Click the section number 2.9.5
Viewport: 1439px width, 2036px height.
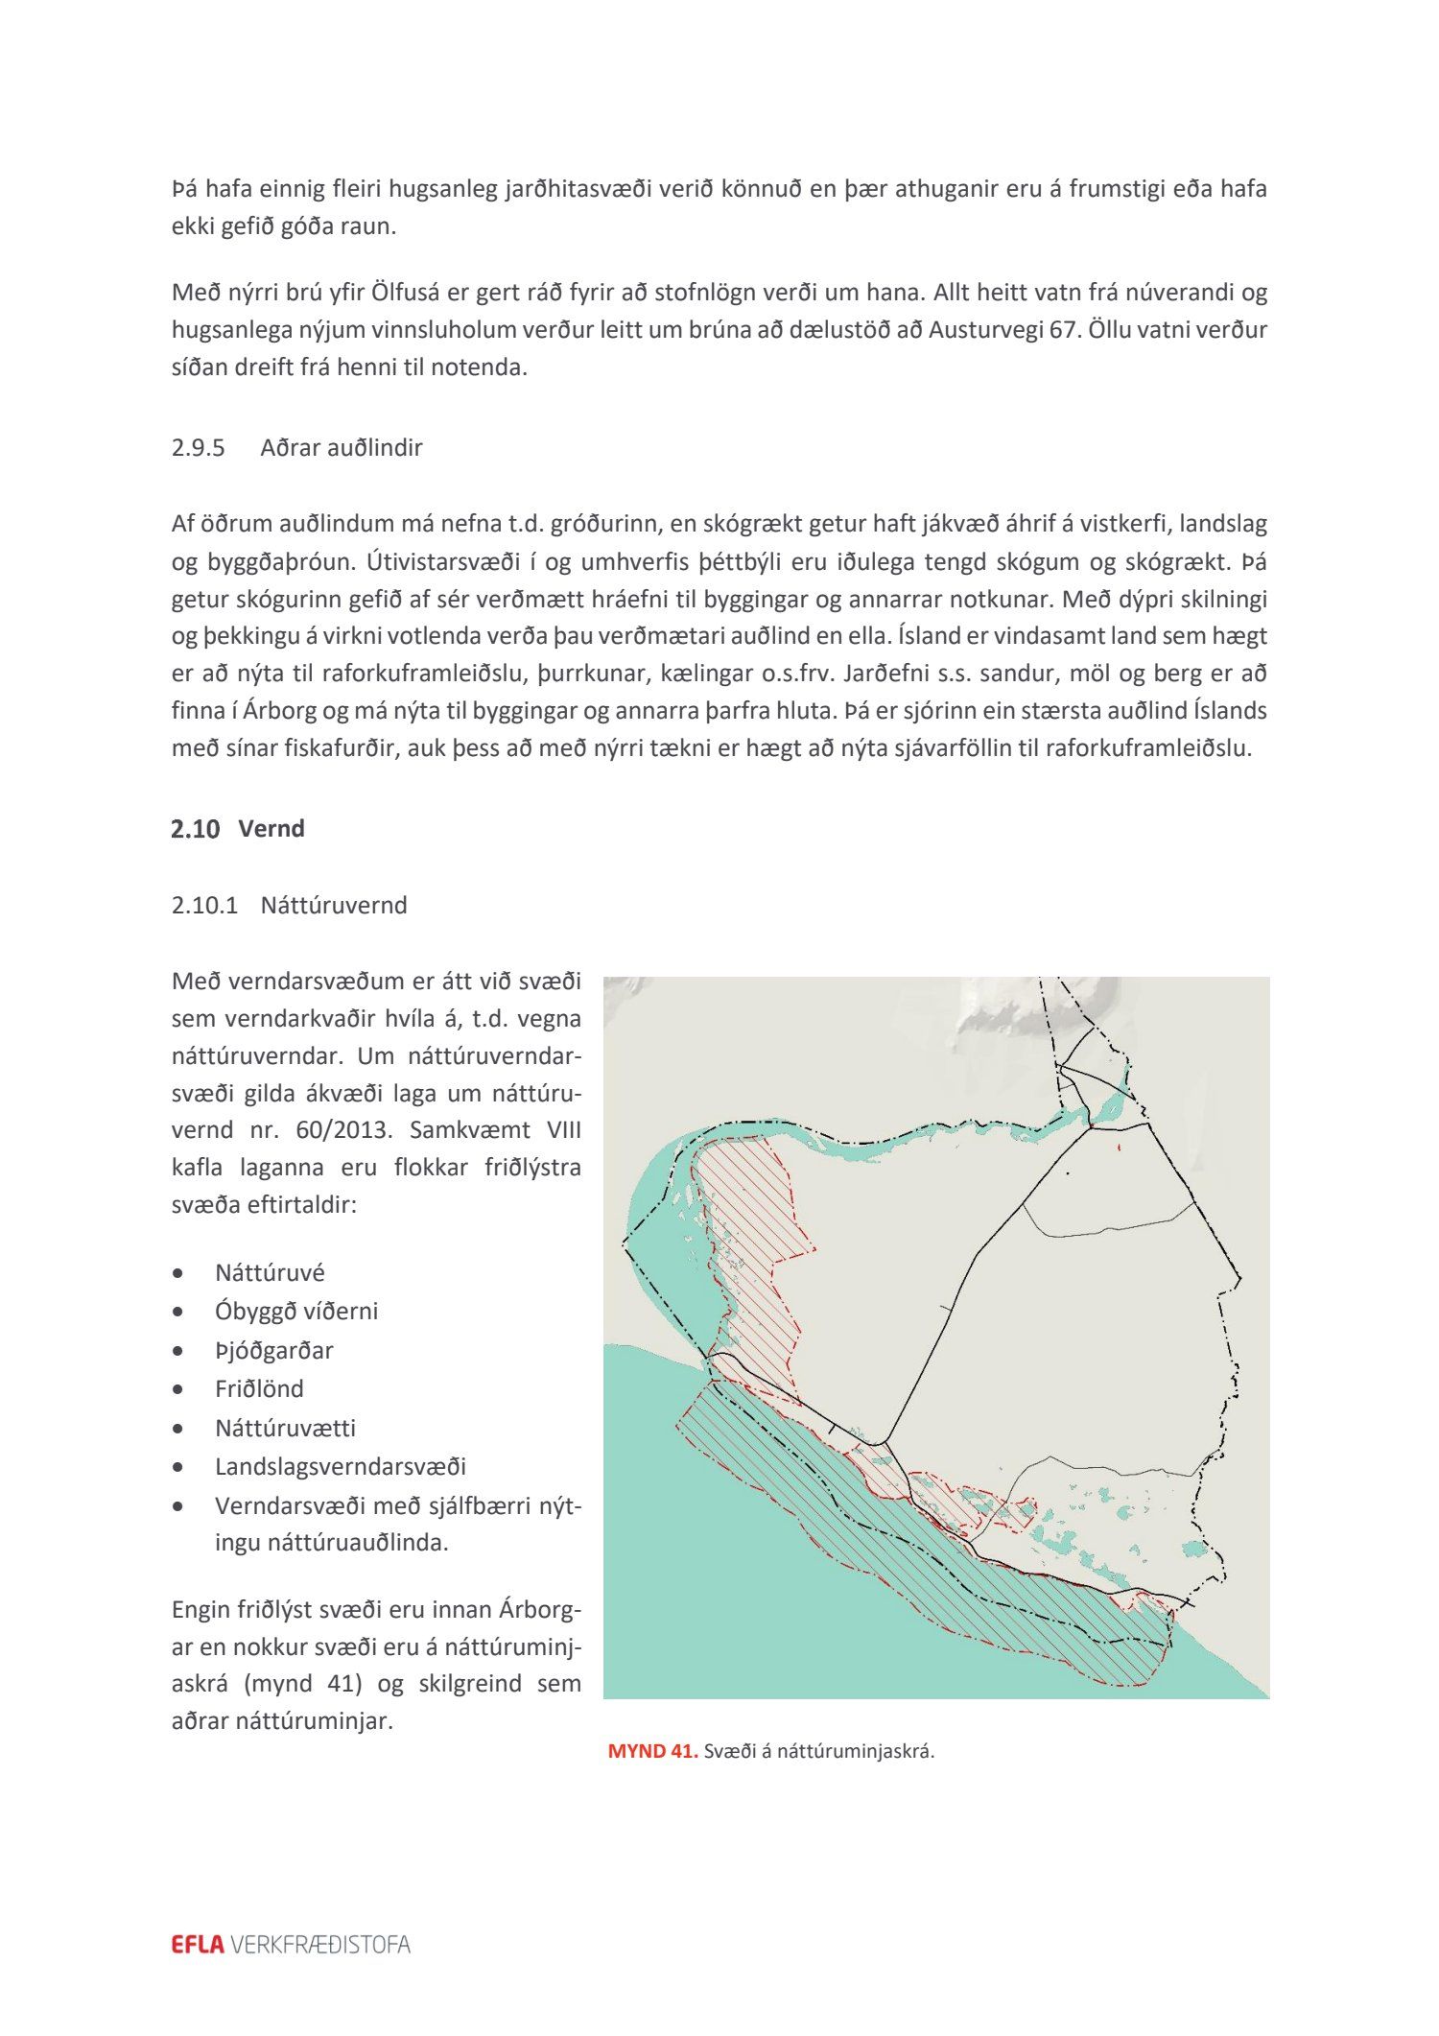point(198,448)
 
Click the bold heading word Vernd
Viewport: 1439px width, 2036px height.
point(271,829)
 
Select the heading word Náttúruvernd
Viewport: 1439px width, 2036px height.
point(334,905)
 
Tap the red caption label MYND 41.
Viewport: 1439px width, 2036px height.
point(652,1751)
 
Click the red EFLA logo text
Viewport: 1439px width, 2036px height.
point(198,1945)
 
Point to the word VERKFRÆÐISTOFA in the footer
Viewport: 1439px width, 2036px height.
point(320,1945)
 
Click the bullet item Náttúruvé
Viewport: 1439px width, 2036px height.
point(270,1273)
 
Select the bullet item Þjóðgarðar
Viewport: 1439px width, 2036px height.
point(274,1351)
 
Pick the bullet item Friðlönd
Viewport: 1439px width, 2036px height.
point(259,1389)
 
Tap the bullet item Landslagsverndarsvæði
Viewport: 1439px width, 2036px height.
point(341,1467)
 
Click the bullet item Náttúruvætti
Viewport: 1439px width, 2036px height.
point(285,1429)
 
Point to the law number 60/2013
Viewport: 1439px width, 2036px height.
point(344,1130)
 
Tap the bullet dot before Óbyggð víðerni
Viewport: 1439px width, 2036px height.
point(178,1312)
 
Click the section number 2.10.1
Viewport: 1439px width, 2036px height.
point(204,905)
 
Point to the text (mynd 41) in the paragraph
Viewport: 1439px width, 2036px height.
point(304,1684)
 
